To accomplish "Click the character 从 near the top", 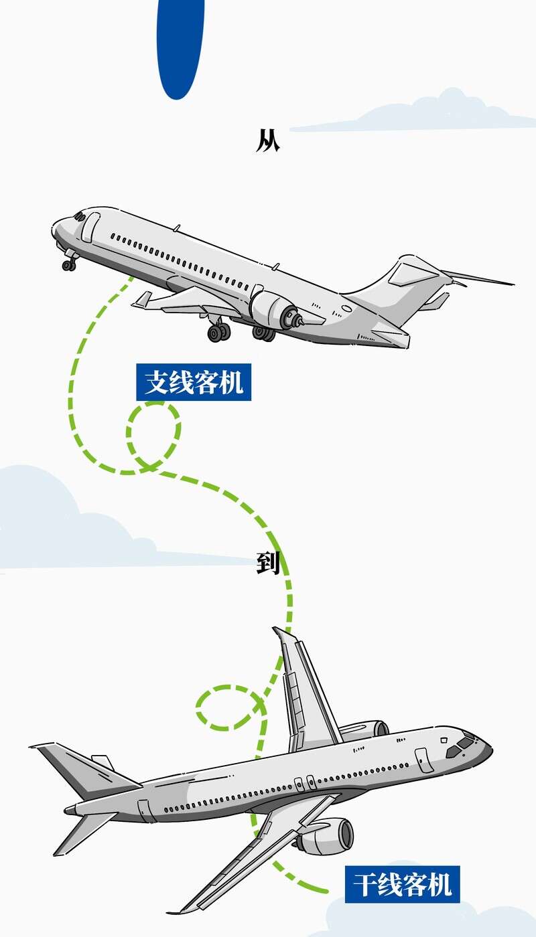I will click(267, 141).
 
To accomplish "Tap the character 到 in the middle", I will click(267, 564).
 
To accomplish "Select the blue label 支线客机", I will click(194, 382).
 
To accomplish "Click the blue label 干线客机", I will click(402, 883).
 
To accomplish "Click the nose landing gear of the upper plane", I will click(69, 262).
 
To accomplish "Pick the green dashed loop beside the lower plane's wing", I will click(226, 707).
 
